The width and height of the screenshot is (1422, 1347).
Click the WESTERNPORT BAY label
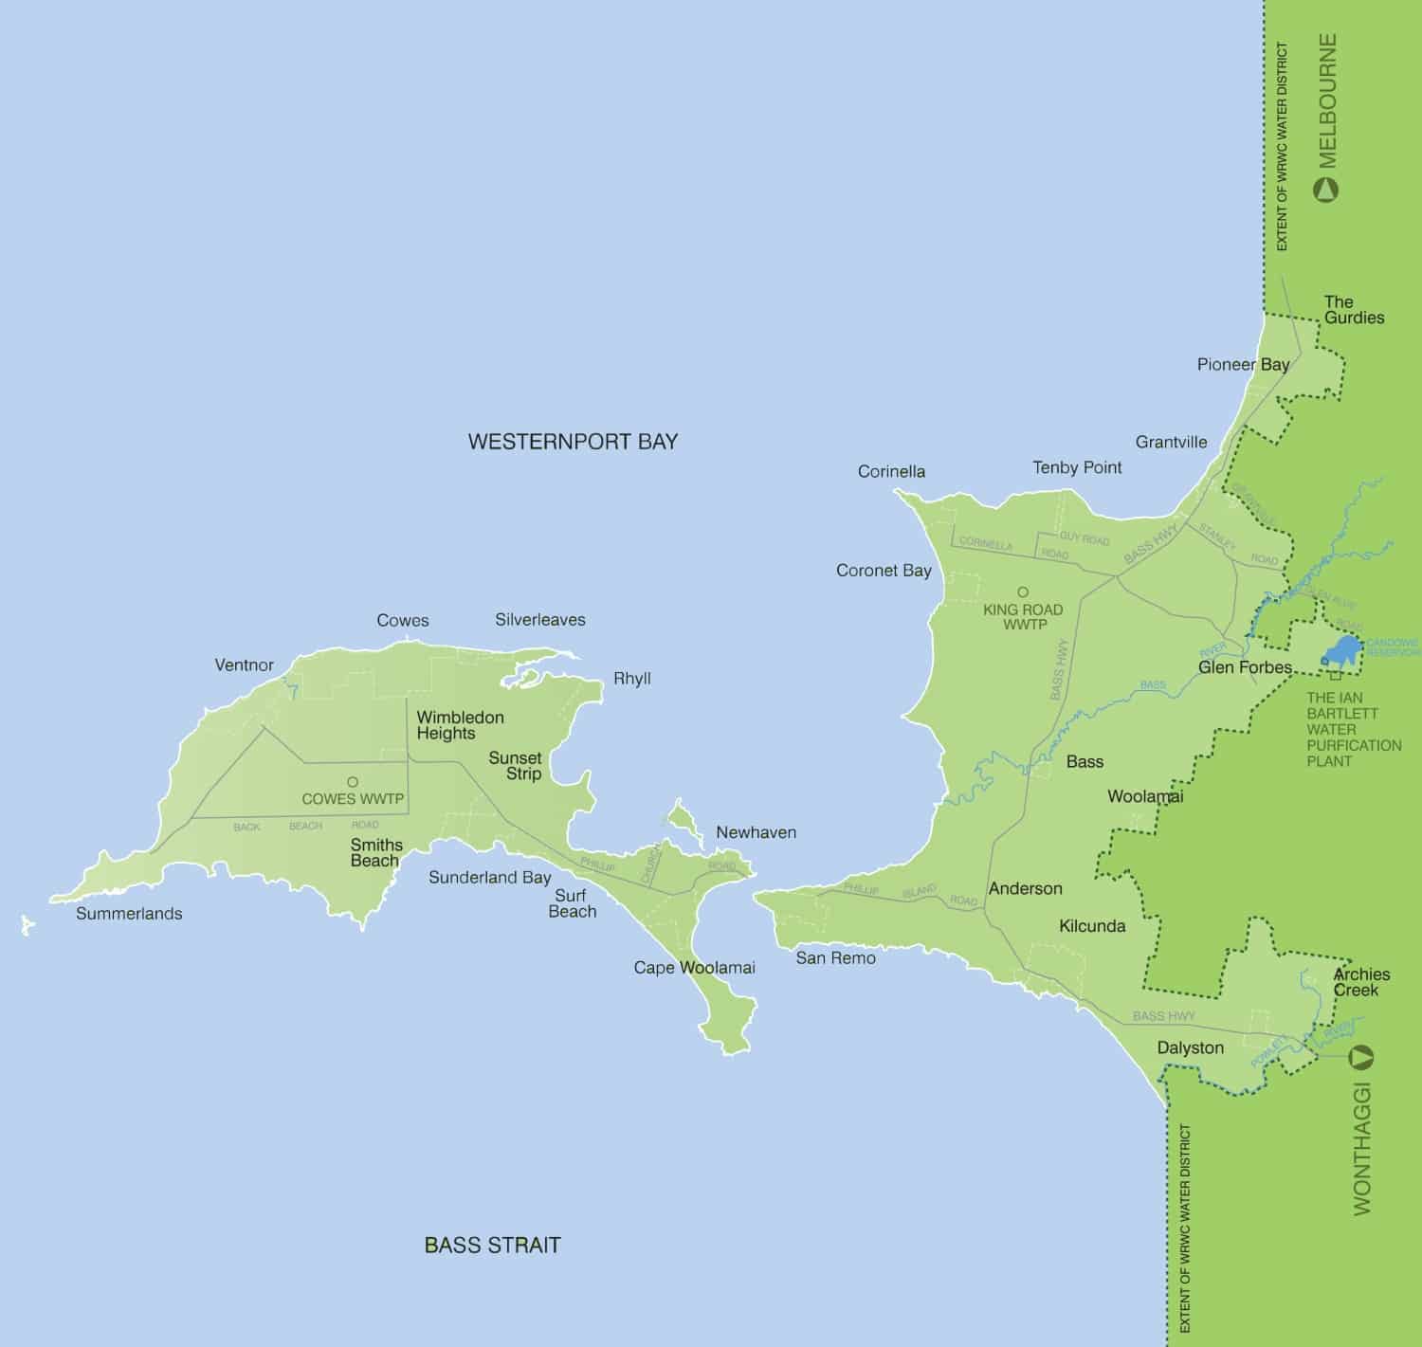tap(573, 442)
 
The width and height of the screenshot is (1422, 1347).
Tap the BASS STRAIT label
tap(492, 1245)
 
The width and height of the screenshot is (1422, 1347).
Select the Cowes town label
tap(402, 621)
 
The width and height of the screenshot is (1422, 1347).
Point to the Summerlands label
tap(129, 914)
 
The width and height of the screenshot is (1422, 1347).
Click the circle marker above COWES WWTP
tap(353, 782)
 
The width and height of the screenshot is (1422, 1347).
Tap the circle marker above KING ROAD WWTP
tap(1023, 592)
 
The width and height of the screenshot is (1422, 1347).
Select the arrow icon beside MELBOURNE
tap(1326, 191)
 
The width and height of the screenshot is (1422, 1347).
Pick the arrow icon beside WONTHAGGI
tap(1362, 1056)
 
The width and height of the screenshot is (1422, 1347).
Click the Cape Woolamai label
tap(694, 968)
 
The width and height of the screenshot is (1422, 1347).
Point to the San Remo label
tap(835, 958)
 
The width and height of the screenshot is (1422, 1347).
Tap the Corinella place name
tap(891, 472)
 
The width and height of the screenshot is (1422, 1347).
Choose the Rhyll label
tap(631, 680)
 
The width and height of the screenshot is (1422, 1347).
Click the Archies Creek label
tap(1361, 982)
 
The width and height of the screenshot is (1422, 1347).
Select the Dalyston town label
tap(1190, 1048)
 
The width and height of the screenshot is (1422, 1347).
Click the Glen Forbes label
tap(1245, 667)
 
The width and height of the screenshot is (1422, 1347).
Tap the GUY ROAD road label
tap(1084, 539)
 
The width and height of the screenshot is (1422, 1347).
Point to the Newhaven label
tap(756, 833)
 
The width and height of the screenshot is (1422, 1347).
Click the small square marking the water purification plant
tap(1336, 675)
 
